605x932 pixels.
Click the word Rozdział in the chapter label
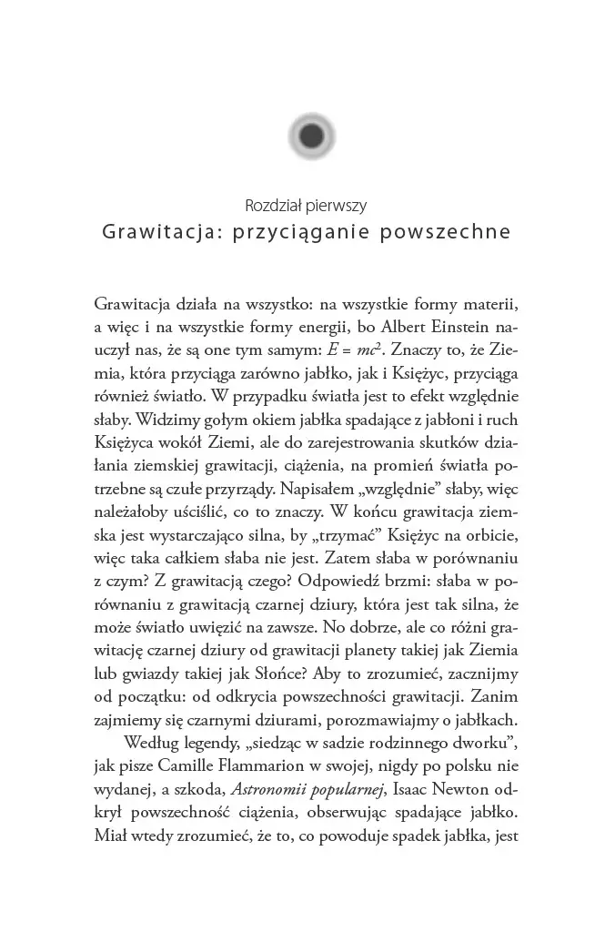(276, 205)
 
